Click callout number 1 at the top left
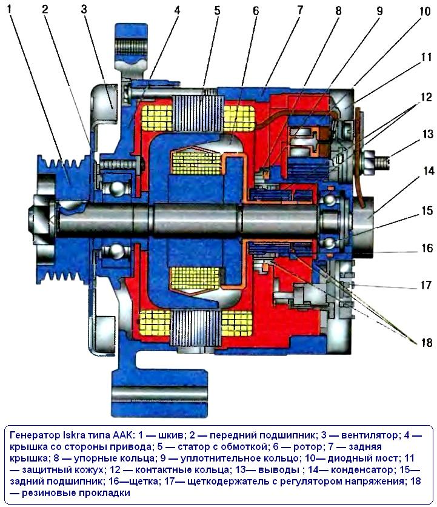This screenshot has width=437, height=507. click(x=10, y=8)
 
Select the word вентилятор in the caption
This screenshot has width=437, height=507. click(x=370, y=435)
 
